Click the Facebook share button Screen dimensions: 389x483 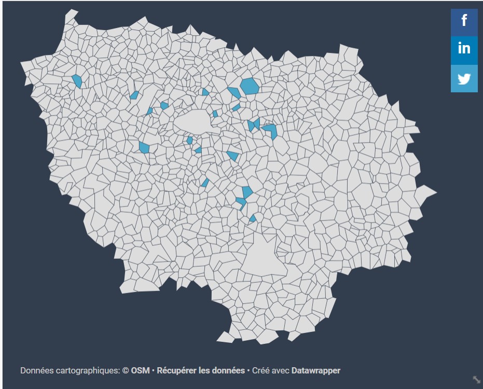[464, 22]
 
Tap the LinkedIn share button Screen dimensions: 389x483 [464, 49]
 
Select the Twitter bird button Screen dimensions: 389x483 [464, 79]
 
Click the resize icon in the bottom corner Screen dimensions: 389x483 [476, 380]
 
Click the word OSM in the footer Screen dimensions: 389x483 [140, 370]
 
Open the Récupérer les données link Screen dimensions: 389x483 [201, 370]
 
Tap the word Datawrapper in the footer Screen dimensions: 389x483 [316, 370]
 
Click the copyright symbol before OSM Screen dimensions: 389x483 [126, 370]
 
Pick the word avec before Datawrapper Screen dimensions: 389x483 [281, 370]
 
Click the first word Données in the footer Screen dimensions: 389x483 [36, 370]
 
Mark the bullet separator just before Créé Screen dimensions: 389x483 [248, 370]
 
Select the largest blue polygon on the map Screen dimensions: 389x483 [250, 86]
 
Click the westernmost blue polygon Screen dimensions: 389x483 [77, 81]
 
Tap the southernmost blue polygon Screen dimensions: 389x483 [253, 218]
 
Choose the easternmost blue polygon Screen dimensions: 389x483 [271, 130]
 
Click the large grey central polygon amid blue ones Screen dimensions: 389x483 [193, 122]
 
